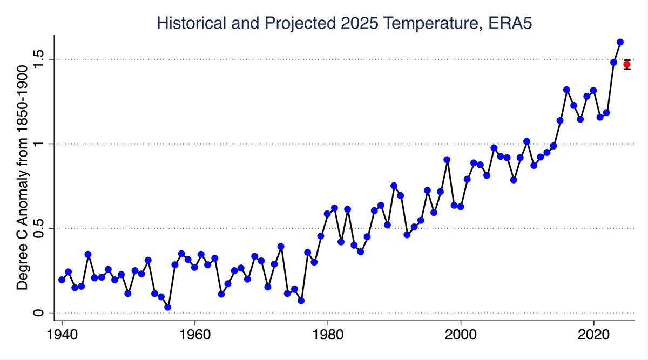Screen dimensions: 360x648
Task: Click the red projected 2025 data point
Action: [626, 64]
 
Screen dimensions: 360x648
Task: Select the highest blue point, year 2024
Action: [620, 42]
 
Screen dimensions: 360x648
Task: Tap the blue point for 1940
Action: [62, 280]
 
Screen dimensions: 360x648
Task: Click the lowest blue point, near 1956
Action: [168, 307]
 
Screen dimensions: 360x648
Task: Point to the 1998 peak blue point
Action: [447, 160]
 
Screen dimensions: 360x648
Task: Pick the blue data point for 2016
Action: [566, 90]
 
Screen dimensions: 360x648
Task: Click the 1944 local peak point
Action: [88, 254]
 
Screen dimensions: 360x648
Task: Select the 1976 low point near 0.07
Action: [301, 301]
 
